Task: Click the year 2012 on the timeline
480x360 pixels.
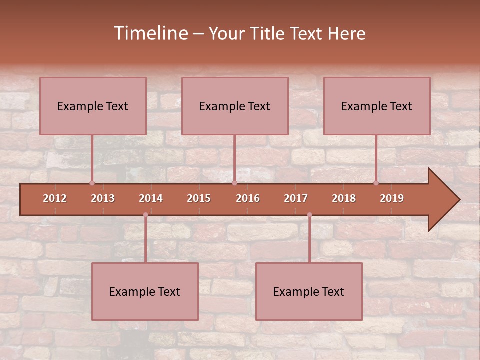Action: (55, 198)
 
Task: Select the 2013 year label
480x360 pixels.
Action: (103, 198)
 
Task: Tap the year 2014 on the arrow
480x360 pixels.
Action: (151, 198)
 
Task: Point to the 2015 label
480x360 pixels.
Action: (199, 198)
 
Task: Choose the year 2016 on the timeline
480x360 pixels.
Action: (248, 198)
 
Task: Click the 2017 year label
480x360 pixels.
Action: (296, 198)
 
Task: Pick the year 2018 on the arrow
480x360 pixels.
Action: (344, 198)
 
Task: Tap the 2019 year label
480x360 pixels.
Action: (392, 198)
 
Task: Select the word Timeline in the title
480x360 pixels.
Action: (150, 33)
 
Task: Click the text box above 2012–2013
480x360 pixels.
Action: (93, 106)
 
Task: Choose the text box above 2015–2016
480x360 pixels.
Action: (235, 106)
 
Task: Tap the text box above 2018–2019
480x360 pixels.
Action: (377, 106)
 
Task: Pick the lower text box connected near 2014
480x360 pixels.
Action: (145, 291)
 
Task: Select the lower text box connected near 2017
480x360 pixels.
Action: (309, 291)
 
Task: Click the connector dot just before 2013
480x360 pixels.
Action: (92, 183)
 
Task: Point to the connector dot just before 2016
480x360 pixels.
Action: (234, 183)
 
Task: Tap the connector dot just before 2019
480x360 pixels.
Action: (376, 183)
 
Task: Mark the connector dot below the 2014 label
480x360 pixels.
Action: (145, 215)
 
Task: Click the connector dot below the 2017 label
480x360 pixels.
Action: (309, 215)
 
